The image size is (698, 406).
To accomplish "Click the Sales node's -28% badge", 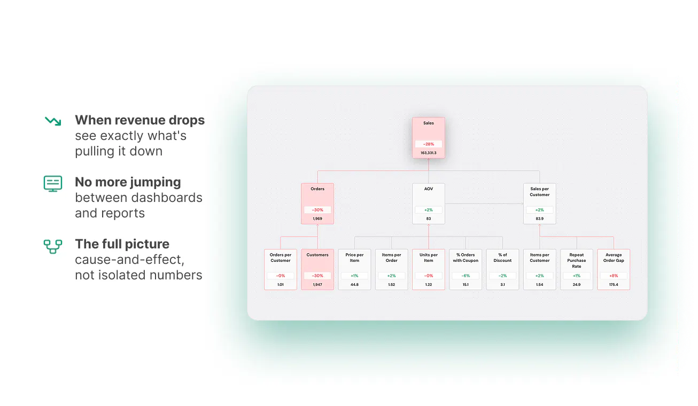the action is (429, 144).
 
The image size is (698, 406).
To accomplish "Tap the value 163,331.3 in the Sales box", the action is (429, 153).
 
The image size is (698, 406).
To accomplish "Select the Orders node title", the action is (317, 189).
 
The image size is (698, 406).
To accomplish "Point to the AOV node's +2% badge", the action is (429, 210).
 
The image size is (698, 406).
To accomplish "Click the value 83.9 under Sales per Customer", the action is (540, 218).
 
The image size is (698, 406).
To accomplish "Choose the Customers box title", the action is (317, 255).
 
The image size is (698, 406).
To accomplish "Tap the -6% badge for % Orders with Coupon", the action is (466, 276).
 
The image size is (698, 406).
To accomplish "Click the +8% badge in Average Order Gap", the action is (614, 276).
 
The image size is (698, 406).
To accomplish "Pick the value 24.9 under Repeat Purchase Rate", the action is (577, 285).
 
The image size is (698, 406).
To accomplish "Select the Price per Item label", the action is (354, 257).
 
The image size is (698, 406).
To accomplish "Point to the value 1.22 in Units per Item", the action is (429, 285).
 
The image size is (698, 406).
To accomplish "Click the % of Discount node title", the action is (502, 257).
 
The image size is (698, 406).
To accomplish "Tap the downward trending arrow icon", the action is (53, 121).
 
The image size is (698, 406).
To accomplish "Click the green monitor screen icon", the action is (53, 184).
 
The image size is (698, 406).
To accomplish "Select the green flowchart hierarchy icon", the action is (53, 247).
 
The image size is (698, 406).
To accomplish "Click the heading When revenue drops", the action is (140, 120).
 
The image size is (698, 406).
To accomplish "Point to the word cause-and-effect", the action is (130, 260).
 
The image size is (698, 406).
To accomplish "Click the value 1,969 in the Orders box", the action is (317, 218).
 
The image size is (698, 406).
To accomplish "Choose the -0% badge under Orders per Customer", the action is (281, 276).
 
